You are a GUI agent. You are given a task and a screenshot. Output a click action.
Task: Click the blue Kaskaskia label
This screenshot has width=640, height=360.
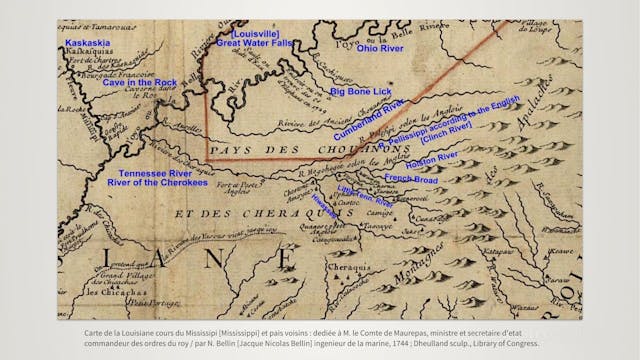tap(87, 45)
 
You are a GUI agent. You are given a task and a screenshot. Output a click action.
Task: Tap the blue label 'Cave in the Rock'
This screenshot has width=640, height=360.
tap(138, 82)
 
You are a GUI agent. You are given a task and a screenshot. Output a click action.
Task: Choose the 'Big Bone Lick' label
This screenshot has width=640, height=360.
tap(361, 92)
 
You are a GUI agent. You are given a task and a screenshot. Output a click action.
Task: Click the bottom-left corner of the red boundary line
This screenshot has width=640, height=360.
tap(207, 161)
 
